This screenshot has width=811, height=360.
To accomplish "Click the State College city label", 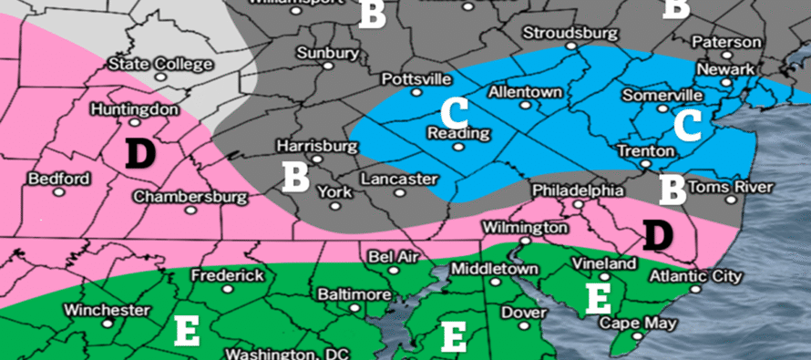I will tap(159, 65).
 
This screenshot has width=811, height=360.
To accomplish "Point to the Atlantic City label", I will tap(696, 276).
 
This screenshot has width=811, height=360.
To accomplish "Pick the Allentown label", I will tap(525, 93).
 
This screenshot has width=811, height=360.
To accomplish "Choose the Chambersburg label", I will tap(190, 197).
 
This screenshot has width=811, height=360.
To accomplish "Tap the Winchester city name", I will tap(107, 310).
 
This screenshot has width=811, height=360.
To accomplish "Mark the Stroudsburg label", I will tap(564, 33).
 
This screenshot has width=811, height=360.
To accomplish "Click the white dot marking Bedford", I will tap(59, 192).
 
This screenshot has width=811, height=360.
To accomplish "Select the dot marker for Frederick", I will tap(227, 290).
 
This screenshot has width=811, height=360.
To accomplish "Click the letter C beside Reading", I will tap(453, 112).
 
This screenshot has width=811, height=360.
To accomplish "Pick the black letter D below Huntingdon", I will tap(139, 153).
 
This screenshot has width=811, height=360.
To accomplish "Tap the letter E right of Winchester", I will tap(187, 332).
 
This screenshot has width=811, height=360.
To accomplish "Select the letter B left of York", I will tap(294, 178).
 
